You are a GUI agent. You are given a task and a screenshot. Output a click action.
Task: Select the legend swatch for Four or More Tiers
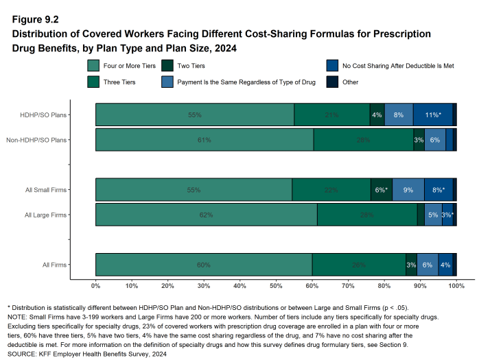pos(94,67)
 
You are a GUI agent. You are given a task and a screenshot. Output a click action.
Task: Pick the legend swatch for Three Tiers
pos(94,82)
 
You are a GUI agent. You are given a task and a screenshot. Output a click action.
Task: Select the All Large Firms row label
pos(45,215)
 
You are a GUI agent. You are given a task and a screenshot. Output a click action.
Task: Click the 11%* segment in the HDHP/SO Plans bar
pos(432,115)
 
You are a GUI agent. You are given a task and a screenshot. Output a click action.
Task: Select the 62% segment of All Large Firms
pos(206,215)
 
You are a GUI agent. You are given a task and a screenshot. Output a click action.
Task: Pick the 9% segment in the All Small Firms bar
pos(408,189)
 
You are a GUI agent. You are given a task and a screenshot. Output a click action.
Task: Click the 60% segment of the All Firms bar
pos(204,265)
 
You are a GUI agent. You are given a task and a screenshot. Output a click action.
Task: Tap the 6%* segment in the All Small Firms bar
pos(381,189)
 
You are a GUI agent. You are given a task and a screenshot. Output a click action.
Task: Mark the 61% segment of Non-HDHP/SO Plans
pos(205,139)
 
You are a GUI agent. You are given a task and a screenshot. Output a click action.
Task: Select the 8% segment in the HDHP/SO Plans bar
pos(399,115)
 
